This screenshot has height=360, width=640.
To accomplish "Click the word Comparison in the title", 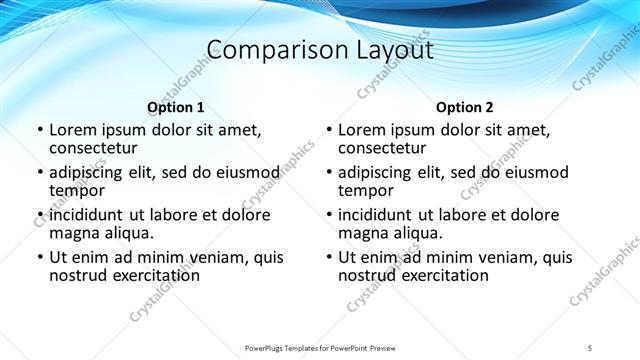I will point(266,49).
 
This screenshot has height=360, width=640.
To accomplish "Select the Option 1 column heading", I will point(176,107).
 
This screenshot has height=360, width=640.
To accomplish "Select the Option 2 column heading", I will point(465,107).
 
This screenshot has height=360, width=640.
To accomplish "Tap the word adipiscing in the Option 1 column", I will point(93,172).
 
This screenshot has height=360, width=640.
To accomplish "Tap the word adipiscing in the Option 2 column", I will point(382,172).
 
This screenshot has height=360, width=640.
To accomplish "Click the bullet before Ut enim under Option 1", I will point(39,257).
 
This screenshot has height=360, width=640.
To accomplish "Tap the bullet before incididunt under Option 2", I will point(328,215).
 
